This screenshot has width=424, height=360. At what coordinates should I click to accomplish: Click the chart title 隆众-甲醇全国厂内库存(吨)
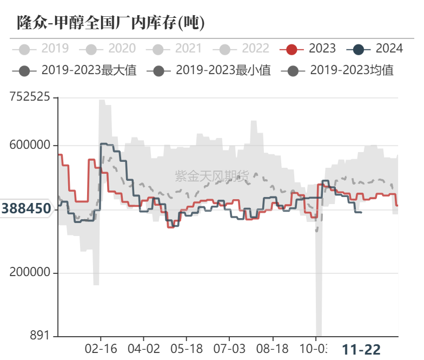coord(111,22)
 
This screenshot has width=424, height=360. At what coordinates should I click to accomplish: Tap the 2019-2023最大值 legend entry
coord(75,70)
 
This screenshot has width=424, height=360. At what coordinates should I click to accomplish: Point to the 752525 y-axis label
coord(30,97)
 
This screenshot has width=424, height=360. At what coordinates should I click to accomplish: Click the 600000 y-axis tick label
coord(30,146)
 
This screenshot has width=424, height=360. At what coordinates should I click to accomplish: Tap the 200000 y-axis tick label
coord(30,273)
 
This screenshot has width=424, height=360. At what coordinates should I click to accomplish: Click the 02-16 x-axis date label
coord(101,349)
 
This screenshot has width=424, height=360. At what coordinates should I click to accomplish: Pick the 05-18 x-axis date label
coord(187,349)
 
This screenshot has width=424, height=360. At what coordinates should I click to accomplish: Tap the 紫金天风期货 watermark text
coord(212,175)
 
